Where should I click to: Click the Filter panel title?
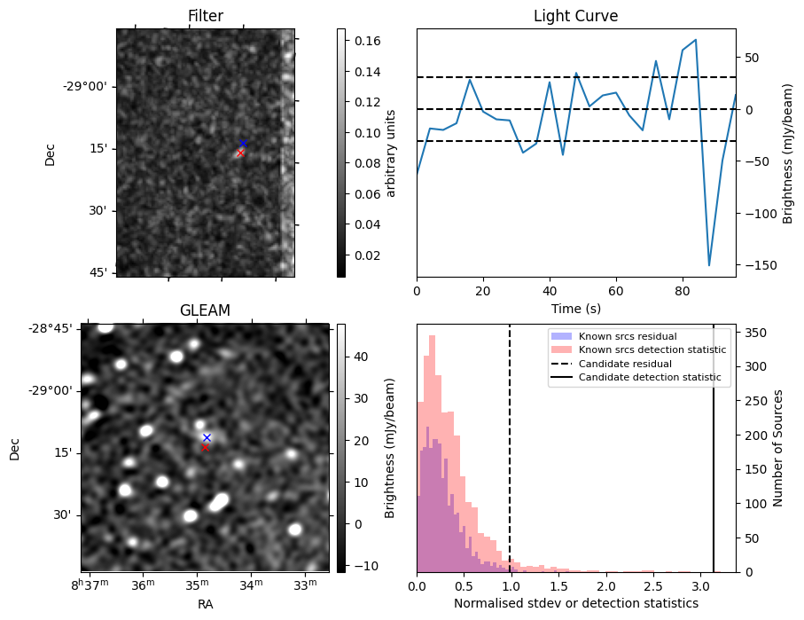[205, 16]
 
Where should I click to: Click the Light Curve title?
[575, 16]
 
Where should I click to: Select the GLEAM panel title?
[205, 310]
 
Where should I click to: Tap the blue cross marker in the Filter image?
[243, 143]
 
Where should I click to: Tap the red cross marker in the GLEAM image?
[205, 448]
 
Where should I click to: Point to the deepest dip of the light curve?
[709, 265]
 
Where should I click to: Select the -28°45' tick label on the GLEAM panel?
[54, 328]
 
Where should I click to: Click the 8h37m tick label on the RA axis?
[90, 584]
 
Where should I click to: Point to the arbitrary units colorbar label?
[390, 153]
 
